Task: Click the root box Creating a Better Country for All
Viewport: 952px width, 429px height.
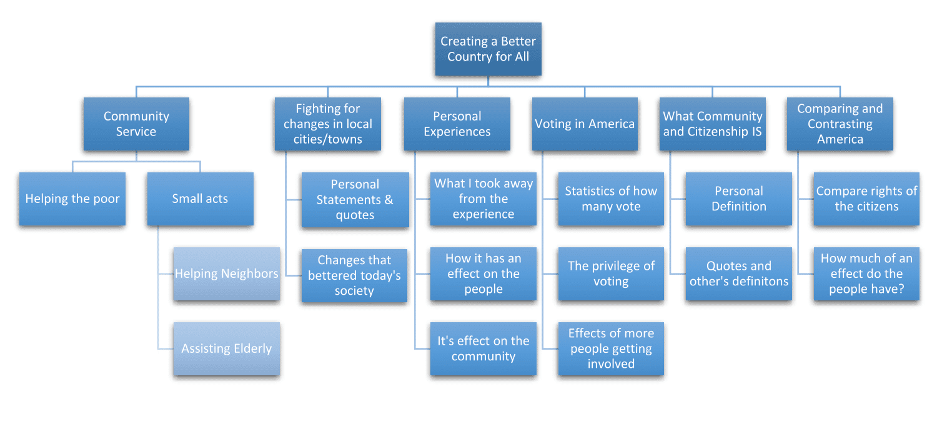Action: [488, 49]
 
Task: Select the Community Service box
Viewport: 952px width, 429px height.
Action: [136, 124]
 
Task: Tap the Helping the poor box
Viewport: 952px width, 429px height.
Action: [72, 199]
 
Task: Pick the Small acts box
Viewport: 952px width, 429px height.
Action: [200, 199]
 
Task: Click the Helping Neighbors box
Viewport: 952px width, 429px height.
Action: [226, 274]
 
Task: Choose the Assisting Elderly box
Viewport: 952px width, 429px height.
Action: [226, 348]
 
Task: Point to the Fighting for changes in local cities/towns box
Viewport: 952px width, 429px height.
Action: [327, 124]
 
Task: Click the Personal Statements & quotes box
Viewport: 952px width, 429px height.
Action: [355, 200]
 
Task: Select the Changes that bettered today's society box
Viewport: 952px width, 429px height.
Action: [354, 275]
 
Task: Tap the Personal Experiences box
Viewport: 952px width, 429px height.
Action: [457, 124]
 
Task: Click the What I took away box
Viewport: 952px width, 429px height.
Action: [483, 199]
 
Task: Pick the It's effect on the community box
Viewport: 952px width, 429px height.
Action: [483, 348]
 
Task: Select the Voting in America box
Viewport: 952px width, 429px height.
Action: [585, 124]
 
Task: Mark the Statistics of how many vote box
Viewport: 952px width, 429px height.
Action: [611, 199]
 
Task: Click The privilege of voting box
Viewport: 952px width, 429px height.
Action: [611, 274]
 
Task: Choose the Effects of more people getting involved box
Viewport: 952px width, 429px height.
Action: [611, 348]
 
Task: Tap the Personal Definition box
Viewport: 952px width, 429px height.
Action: [738, 199]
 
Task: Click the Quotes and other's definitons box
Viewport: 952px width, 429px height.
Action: [738, 274]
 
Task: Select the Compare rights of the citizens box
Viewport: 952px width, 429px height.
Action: [866, 199]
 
